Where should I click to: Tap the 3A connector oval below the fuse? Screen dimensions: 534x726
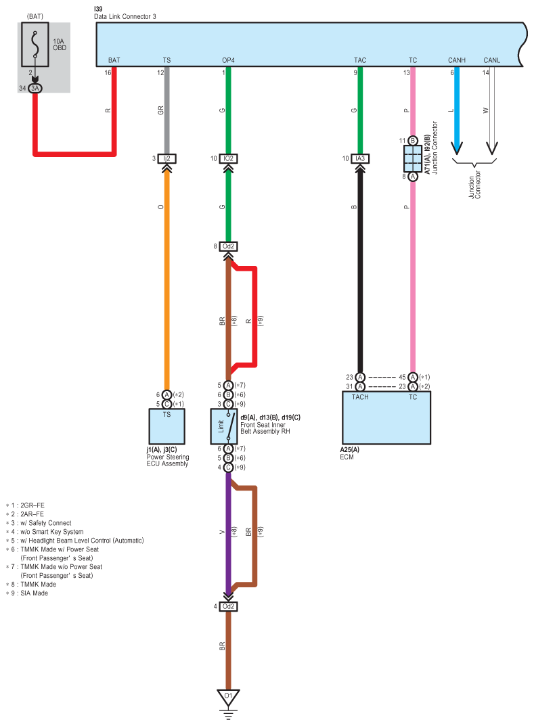pyautogui.click(x=35, y=88)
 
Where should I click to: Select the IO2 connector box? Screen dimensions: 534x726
pyautogui.click(x=228, y=158)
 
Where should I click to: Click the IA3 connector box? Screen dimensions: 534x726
pyautogui.click(x=360, y=158)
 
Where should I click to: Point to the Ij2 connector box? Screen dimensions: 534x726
pyautogui.click(x=166, y=158)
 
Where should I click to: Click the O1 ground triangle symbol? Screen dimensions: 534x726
pyautogui.click(x=228, y=698)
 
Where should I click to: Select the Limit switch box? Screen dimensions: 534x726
pyautogui.click(x=225, y=426)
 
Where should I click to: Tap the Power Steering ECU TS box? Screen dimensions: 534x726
pyautogui.click(x=166, y=426)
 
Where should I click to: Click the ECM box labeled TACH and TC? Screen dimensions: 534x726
pyautogui.click(x=386, y=417)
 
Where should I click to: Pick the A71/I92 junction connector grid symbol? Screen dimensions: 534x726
pyautogui.click(x=413, y=159)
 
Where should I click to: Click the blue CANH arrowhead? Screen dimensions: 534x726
pyautogui.click(x=457, y=148)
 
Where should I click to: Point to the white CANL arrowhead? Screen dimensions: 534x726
pyautogui.click(x=492, y=148)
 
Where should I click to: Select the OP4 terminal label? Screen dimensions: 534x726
pyautogui.click(x=228, y=60)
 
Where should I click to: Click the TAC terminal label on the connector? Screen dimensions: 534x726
pyautogui.click(x=360, y=60)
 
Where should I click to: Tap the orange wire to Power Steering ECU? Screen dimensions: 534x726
pyautogui.click(x=166, y=281)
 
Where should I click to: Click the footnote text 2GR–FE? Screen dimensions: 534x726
pyautogui.click(x=32, y=505)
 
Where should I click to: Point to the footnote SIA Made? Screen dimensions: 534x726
pyautogui.click(x=35, y=593)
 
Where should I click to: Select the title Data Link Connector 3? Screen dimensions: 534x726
pyautogui.click(x=125, y=17)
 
